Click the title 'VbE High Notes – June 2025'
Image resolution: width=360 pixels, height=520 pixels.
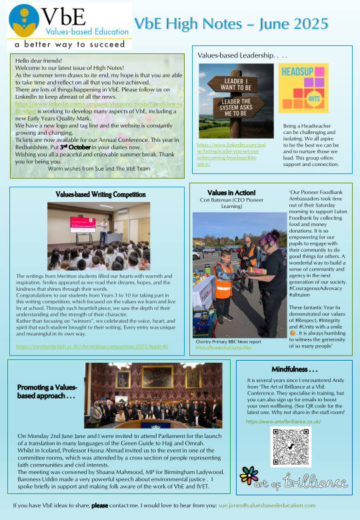pos(231,24)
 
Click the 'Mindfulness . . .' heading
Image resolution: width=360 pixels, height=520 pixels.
pos(295,369)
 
